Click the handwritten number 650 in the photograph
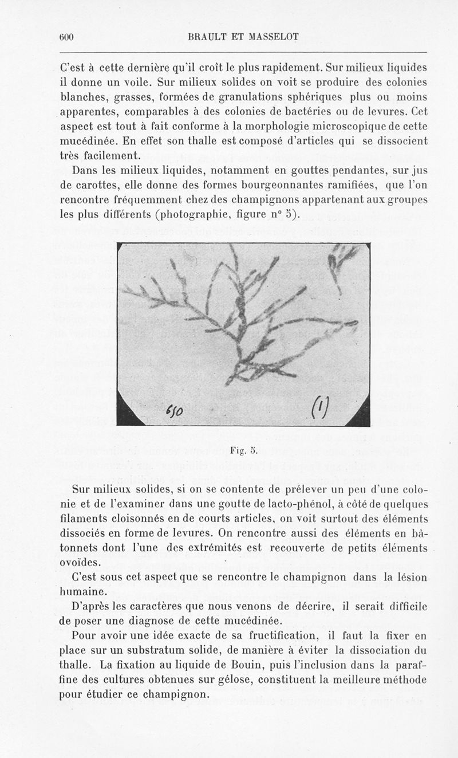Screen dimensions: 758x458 click(172, 410)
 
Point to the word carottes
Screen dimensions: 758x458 click(100, 184)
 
